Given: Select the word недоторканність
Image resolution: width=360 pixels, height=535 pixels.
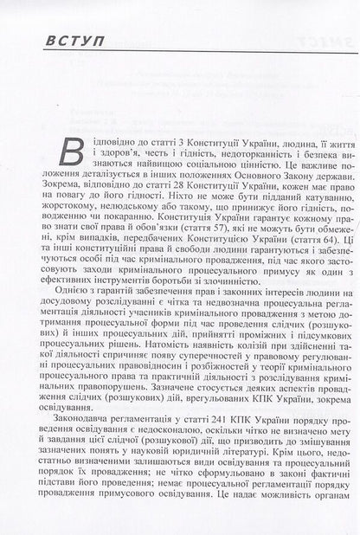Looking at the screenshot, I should (204, 149).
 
